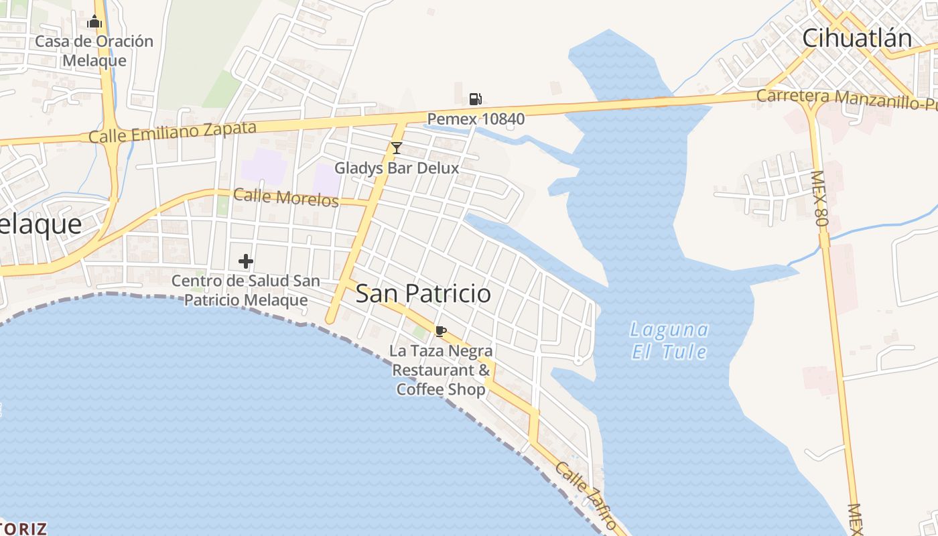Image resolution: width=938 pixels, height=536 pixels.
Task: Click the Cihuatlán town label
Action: [x=857, y=38]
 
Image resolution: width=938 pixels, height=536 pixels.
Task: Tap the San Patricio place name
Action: [x=423, y=293]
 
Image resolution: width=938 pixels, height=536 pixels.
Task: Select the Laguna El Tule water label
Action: [x=669, y=340]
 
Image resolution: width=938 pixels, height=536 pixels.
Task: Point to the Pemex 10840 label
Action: [x=476, y=119]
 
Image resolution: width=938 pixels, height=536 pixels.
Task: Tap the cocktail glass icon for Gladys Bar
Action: [x=397, y=148]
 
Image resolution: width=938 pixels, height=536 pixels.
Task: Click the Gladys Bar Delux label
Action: [x=397, y=167]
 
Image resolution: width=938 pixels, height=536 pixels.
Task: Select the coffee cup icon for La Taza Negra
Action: [x=440, y=331]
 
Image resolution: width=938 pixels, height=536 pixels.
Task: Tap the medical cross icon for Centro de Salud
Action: [x=246, y=261]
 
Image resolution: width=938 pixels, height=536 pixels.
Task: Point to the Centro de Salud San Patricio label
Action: [x=246, y=290]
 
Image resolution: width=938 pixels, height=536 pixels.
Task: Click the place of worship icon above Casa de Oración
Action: [x=94, y=22]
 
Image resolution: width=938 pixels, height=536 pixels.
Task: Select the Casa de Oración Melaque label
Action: [x=94, y=51]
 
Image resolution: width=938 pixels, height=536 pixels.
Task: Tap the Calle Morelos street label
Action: [x=285, y=197]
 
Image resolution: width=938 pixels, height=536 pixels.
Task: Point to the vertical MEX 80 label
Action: [x=819, y=197]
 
